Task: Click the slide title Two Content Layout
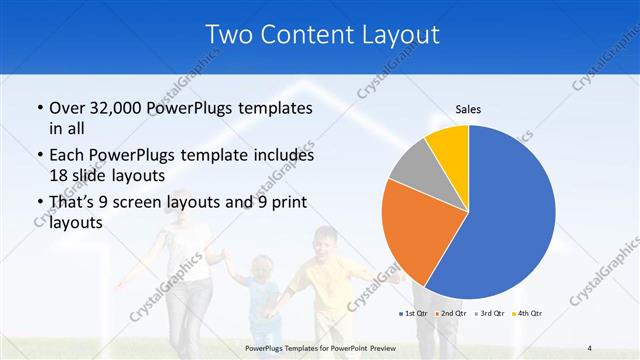(322, 35)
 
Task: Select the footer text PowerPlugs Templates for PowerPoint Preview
(321, 348)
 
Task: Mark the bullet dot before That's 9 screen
(39, 204)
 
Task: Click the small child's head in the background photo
(261, 267)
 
